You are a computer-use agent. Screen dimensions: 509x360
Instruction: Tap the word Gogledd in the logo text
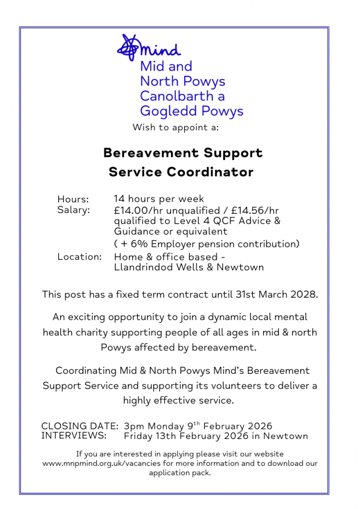[167, 110]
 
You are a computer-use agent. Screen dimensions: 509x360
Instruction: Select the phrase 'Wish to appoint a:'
[176, 127]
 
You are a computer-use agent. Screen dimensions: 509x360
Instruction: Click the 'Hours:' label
[73, 200]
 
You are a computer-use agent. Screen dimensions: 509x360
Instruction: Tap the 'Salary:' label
[74, 210]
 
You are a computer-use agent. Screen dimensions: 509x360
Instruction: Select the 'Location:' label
[80, 257]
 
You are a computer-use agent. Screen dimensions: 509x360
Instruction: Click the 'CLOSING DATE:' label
[80, 426]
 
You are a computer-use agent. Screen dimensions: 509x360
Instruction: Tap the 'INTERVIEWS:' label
[74, 436]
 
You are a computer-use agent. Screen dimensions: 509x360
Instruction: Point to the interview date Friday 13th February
[177, 436]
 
